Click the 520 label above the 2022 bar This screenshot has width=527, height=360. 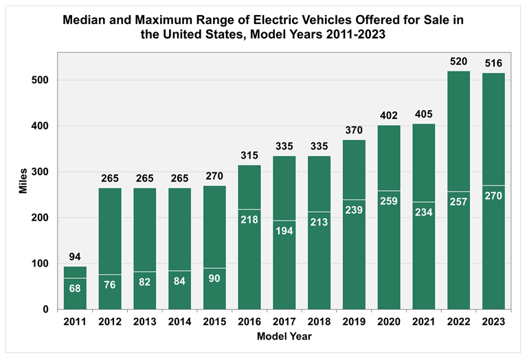pyautogui.click(x=459, y=62)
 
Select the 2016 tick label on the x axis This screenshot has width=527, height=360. pyautogui.click(x=249, y=322)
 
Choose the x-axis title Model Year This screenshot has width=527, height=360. pyautogui.click(x=285, y=337)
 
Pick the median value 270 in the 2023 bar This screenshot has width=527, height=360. pyautogui.click(x=493, y=196)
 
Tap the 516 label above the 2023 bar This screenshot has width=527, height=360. pyautogui.click(x=493, y=63)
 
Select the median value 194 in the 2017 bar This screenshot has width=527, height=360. pyautogui.click(x=284, y=231)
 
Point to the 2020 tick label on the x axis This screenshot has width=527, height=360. pyautogui.click(x=390, y=322)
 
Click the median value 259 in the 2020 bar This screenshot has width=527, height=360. pyautogui.click(x=390, y=201)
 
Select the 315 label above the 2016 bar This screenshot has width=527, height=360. pyautogui.click(x=249, y=156)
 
